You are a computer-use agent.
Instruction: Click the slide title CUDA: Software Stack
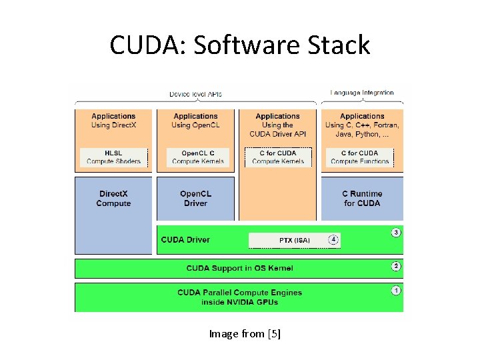tap(240, 45)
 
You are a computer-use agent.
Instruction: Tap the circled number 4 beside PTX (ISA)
tap(333, 240)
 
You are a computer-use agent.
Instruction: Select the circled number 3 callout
tap(396, 232)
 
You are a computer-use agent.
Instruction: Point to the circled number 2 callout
tap(396, 267)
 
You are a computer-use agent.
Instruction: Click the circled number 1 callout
tap(396, 291)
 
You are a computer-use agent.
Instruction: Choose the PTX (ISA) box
tap(294, 240)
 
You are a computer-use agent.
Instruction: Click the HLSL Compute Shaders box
tap(113, 157)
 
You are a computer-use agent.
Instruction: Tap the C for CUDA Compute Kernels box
tap(278, 157)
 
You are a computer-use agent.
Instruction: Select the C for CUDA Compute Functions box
tap(359, 157)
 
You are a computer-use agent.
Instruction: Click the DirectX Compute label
tap(113, 199)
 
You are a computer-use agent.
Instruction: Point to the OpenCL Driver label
tap(195, 199)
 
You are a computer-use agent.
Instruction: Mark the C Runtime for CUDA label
tap(362, 199)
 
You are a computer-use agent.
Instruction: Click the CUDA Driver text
tap(185, 240)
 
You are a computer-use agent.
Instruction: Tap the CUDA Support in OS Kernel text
tap(239, 268)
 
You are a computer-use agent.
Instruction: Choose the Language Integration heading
tap(362, 93)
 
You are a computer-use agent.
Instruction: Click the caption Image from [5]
tap(245, 334)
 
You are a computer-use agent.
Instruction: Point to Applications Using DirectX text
tap(113, 121)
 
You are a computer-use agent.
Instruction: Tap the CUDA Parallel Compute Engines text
tap(239, 297)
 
